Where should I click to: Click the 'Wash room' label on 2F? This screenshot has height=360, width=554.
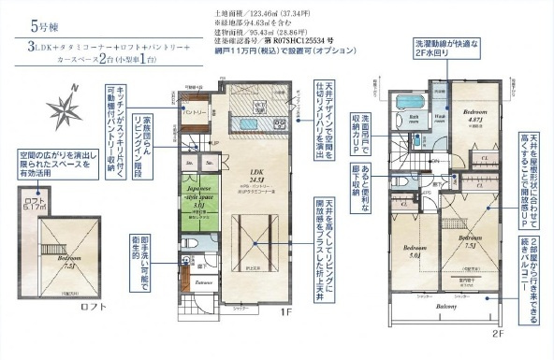439,119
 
